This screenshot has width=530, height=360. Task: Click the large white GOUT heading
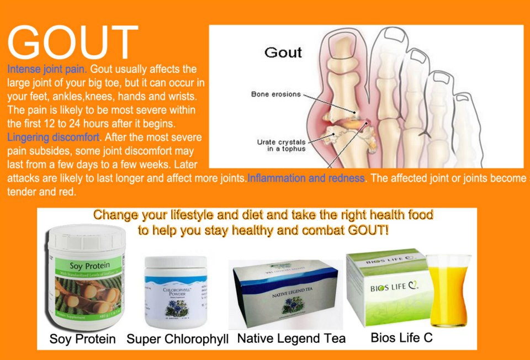coord(73,43)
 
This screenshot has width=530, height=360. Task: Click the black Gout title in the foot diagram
coord(283,52)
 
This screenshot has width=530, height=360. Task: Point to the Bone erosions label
coord(276,94)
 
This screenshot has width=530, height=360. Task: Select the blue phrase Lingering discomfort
coord(54,137)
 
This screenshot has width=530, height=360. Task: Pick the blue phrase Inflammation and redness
coord(306,178)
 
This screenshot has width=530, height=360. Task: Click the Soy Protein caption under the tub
coord(82,338)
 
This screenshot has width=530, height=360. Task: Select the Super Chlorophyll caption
coord(177,339)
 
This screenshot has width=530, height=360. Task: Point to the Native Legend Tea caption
coord(291,338)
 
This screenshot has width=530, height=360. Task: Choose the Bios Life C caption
coord(401,337)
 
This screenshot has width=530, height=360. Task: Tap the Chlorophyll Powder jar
coord(175,293)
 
